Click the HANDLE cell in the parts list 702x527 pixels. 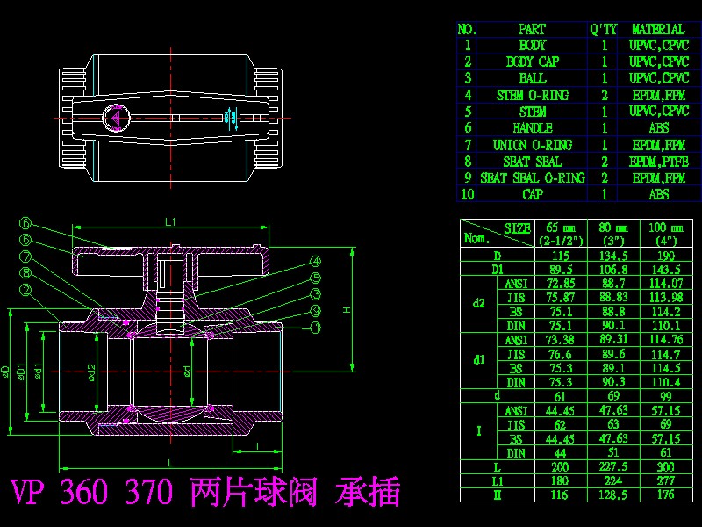pyautogui.click(x=533, y=128)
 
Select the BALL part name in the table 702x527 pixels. pyautogui.click(x=533, y=78)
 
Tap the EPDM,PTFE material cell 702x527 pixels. pyautogui.click(x=658, y=162)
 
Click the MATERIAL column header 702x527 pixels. pyautogui.click(x=658, y=29)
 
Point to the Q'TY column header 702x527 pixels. pyautogui.click(x=605, y=29)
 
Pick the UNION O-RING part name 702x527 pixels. pyautogui.click(x=533, y=145)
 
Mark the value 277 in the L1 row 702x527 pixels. pyautogui.click(x=663, y=481)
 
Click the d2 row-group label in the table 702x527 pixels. pyautogui.click(x=478, y=304)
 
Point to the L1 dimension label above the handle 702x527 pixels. pyautogui.click(x=171, y=221)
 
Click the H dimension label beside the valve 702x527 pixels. pyautogui.click(x=347, y=310)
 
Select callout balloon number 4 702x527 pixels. pyautogui.click(x=315, y=262)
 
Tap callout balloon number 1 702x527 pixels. pyautogui.click(x=315, y=327)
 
